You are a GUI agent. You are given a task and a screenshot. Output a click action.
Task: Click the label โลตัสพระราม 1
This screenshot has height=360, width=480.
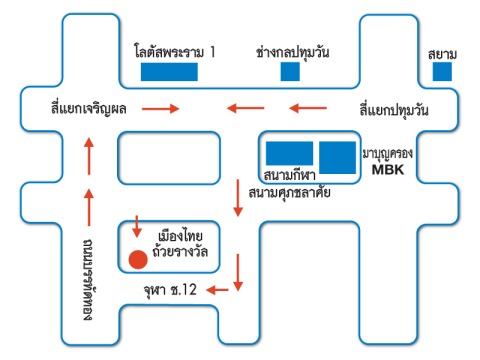[175, 52]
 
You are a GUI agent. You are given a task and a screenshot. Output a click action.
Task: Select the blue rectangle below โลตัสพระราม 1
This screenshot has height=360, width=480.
[169, 72]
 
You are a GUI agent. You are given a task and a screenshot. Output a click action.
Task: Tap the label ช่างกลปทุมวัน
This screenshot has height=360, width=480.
[293, 53]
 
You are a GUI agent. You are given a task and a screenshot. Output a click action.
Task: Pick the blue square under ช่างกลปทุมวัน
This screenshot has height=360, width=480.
[290, 72]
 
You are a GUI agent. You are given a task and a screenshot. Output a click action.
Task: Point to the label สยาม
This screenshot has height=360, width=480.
[442, 54]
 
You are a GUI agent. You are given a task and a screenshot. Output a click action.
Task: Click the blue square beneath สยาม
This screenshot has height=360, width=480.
[442, 72]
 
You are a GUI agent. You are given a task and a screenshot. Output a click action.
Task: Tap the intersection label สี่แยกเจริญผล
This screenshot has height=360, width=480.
[89, 108]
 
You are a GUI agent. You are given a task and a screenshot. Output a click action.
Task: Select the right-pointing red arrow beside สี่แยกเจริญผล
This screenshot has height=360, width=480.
[161, 108]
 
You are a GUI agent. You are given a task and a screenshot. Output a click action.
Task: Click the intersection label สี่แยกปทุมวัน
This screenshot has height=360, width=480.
[394, 109]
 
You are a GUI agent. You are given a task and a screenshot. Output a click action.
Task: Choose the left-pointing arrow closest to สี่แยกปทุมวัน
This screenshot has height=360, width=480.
[308, 108]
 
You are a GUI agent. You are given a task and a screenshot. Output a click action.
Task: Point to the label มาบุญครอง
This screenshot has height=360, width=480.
[388, 154]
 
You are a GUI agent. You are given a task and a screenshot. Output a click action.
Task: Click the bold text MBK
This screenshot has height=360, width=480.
[388, 170]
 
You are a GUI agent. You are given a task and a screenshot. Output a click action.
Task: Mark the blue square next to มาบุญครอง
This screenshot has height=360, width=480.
[338, 157]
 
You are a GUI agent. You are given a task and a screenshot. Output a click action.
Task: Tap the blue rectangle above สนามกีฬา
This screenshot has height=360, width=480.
[289, 153]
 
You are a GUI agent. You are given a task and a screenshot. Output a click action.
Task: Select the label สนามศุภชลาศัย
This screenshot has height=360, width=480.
[289, 193]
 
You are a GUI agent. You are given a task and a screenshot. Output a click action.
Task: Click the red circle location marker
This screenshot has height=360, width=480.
[138, 260]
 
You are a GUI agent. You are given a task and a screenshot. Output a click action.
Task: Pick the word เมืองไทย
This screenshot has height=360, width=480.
[180, 236]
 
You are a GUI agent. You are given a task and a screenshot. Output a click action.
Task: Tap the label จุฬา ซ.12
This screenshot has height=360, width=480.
[170, 290]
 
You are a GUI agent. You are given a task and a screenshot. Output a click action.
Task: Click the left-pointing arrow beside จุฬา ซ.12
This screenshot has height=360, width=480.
[217, 290]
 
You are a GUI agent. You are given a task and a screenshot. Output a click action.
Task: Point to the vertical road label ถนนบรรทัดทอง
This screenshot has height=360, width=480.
[88, 279]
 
